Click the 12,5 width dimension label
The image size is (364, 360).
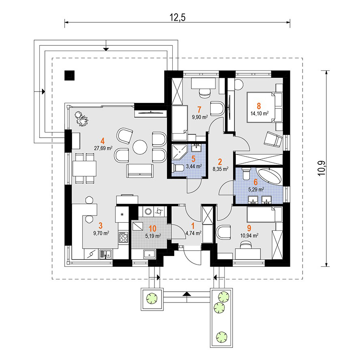click(178, 17)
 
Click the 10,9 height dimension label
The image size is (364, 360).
click(322, 168)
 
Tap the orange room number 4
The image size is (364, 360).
click(102, 141)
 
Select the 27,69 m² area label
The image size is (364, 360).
click(103, 148)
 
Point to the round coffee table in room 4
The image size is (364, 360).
click(140, 147)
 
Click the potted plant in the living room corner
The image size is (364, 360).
click(81, 119)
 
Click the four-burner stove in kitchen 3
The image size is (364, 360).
click(123, 237)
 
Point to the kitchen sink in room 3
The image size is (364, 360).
click(106, 254)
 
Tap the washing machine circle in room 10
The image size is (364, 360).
click(148, 211)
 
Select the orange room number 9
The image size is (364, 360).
click(249, 228)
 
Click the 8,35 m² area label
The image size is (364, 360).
click(220, 169)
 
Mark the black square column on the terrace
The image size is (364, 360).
click(70, 75)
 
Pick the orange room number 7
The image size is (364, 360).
click(199, 109)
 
